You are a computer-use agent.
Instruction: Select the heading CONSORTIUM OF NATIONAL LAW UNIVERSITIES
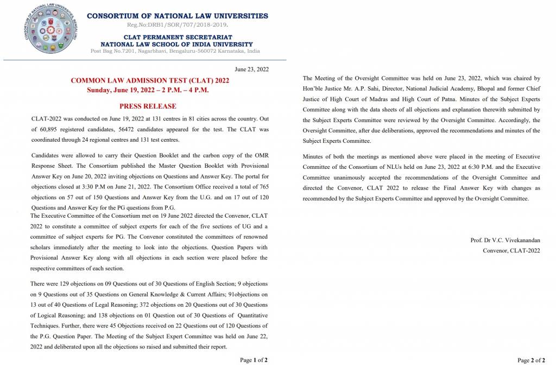(177, 16)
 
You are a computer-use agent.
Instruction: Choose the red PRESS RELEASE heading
(148, 106)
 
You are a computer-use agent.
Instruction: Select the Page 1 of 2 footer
(254, 360)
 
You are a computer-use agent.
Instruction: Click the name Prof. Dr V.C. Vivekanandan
(505, 240)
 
